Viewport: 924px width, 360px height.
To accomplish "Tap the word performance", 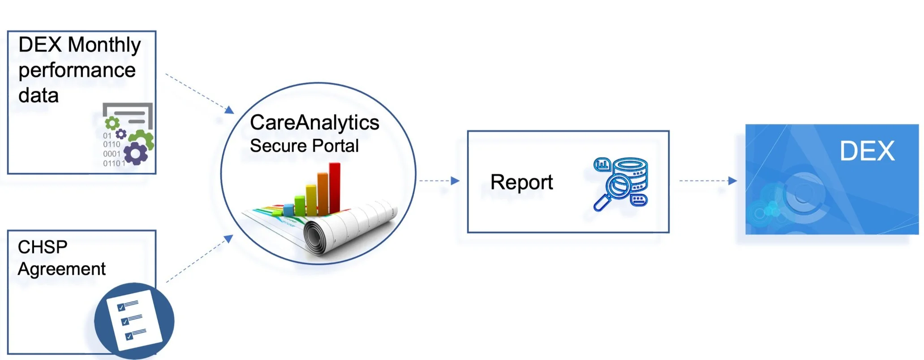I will pos(77,71).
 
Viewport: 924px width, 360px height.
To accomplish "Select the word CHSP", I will pos(43,247).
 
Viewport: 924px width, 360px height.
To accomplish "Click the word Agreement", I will pos(61,269).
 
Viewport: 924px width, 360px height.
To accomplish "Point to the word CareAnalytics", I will pos(314,123).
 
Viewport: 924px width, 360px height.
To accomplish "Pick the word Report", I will pos(521,183).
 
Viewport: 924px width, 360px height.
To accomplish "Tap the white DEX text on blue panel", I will pos(867,151).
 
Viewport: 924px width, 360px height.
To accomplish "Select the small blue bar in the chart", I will pos(288,209).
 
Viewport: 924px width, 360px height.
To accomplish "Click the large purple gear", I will pos(135,154).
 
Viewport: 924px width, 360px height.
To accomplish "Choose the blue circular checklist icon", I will pos(134,321).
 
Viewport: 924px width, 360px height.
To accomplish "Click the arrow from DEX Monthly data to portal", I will pos(199,93).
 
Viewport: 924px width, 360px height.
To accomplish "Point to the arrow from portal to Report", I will pos(439,181).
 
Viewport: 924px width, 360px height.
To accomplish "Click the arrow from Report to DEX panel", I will pos(708,181).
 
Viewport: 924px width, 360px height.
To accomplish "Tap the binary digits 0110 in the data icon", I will pos(112,145).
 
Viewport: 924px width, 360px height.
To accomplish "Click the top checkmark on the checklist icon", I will pos(121,307).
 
